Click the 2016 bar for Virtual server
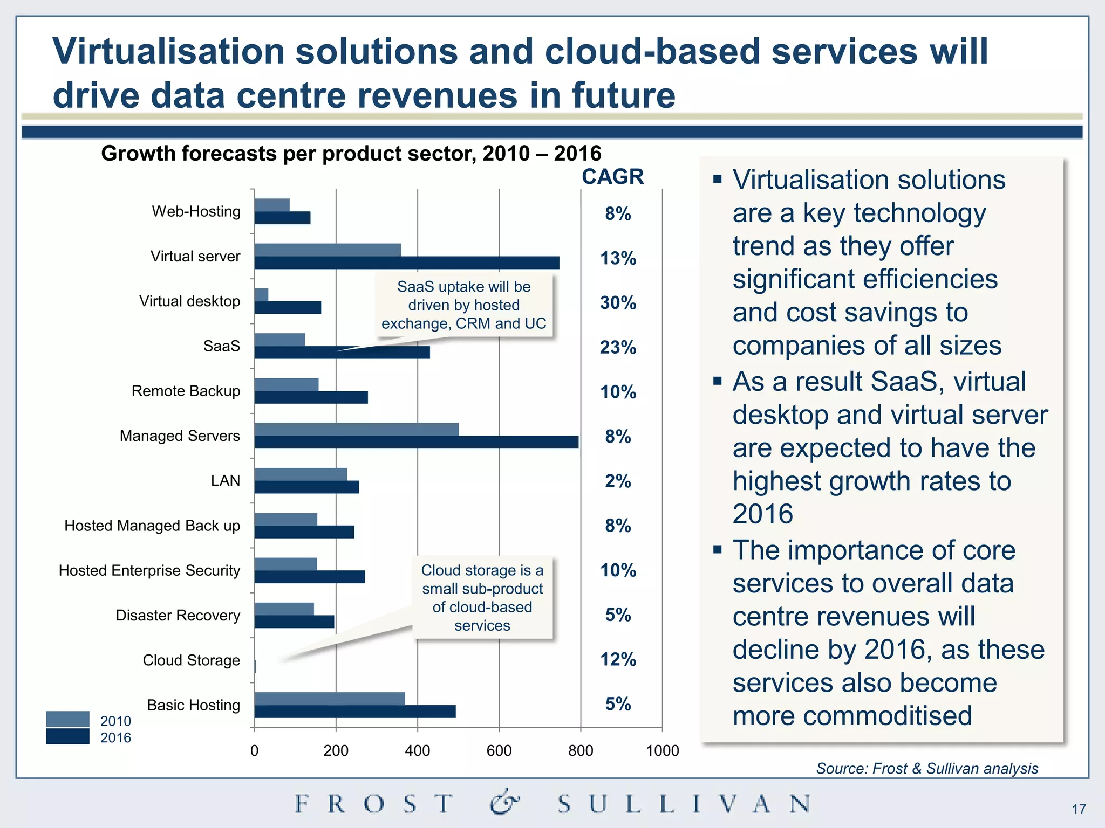[x=407, y=263]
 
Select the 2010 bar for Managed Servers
[x=356, y=430]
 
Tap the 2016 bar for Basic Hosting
[x=355, y=712]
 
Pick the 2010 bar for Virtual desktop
[x=261, y=295]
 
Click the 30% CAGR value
[x=618, y=303]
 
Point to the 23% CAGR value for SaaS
[x=618, y=348]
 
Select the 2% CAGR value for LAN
[x=618, y=481]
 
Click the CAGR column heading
[x=612, y=177]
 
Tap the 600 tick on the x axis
[x=499, y=750]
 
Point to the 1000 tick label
[x=662, y=750]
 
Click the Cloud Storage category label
[x=191, y=660]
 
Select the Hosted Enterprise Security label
[x=149, y=570]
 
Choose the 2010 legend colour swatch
[x=67, y=719]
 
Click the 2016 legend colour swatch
[x=67, y=736]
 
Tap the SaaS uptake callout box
[x=464, y=305]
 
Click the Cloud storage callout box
[x=482, y=598]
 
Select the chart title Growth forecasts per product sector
[x=351, y=154]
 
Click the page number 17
[x=1079, y=809]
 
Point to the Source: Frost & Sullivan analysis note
[x=926, y=768]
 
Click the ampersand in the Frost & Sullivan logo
[x=504, y=803]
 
